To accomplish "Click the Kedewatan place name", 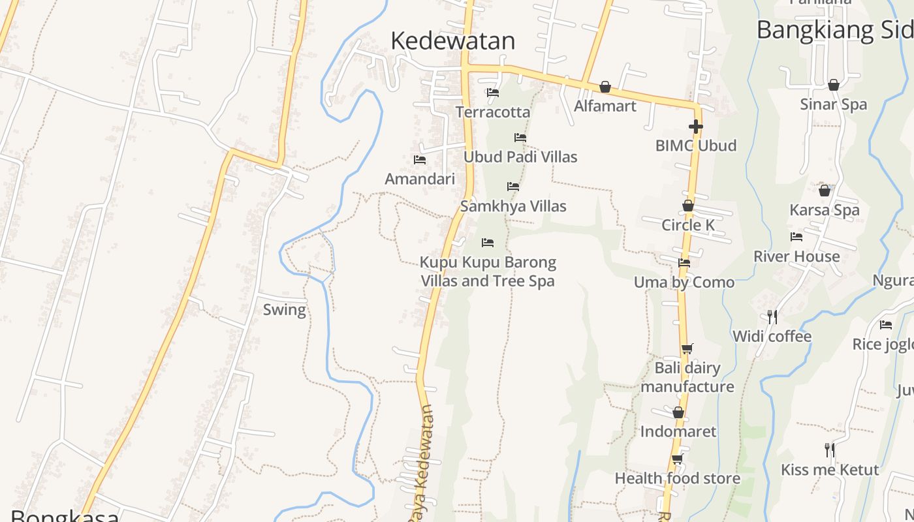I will click(x=452, y=40).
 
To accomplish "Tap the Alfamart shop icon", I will click(x=605, y=87).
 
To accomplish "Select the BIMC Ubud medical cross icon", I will click(x=696, y=127).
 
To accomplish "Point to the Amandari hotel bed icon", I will click(x=420, y=159).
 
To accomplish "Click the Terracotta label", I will click(x=493, y=112).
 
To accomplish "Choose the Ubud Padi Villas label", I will click(x=520, y=157).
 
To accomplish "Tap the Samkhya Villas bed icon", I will click(x=513, y=187).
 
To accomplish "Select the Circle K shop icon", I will click(x=688, y=206).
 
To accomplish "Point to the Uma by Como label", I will click(x=684, y=283).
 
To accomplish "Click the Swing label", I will click(x=284, y=310).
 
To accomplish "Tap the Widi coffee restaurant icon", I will click(x=772, y=317).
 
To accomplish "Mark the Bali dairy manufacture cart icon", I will click(x=687, y=349).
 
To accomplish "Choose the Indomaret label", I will click(x=678, y=432).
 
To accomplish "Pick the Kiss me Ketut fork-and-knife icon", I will click(x=830, y=450).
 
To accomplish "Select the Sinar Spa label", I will click(x=833, y=105).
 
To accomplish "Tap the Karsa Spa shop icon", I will click(x=825, y=191).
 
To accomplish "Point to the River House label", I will click(x=796, y=256).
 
